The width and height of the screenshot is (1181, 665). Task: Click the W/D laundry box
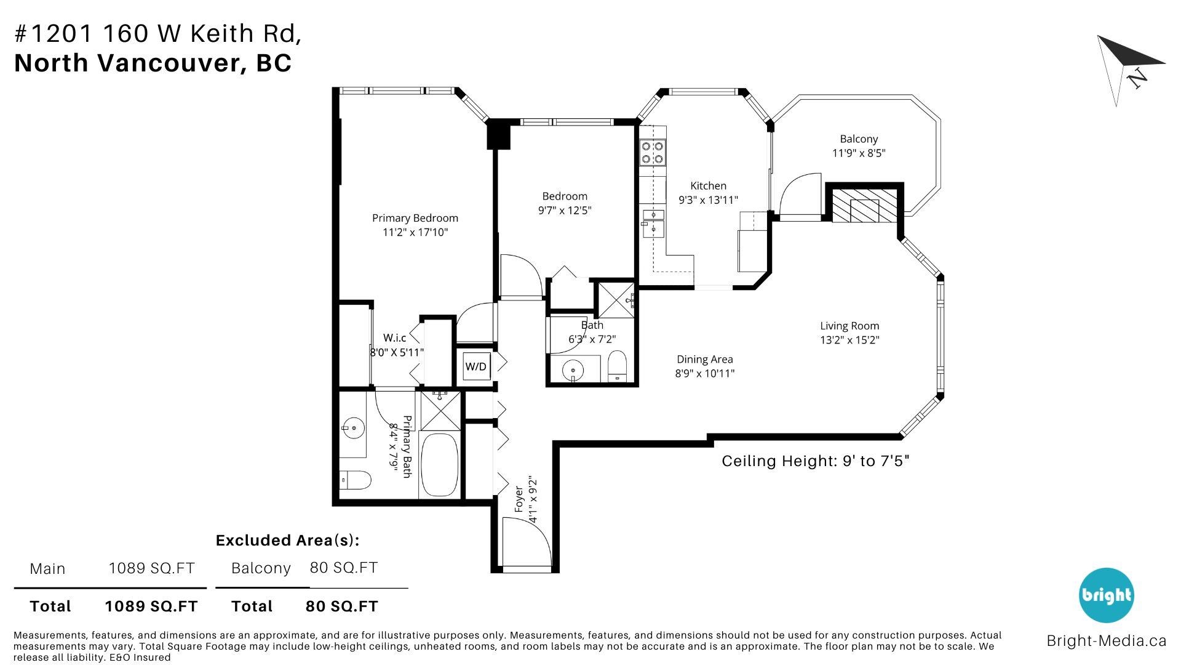tap(476, 366)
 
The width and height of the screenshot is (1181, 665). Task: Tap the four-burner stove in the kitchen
tap(653, 152)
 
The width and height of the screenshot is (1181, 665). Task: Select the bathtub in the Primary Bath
tap(439, 465)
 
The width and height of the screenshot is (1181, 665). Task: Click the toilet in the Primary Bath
tap(355, 480)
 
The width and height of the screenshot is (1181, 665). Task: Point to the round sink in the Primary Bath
tap(353, 427)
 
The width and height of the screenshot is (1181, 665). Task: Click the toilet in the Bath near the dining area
tap(616, 366)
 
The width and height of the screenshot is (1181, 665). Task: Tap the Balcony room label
tap(859, 139)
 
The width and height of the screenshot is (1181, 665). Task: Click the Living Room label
tap(849, 326)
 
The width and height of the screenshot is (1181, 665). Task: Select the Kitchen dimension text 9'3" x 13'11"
tap(708, 199)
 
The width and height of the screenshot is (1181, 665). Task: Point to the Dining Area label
tap(705, 359)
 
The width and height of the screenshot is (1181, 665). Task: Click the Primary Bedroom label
tap(415, 218)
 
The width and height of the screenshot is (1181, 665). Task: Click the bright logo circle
tap(1107, 595)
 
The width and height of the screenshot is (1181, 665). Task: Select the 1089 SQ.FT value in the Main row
tap(151, 568)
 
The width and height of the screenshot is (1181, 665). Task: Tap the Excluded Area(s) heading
tap(287, 540)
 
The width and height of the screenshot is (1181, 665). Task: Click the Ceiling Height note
tap(816, 461)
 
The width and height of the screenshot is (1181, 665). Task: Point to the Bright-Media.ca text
tap(1107, 640)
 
